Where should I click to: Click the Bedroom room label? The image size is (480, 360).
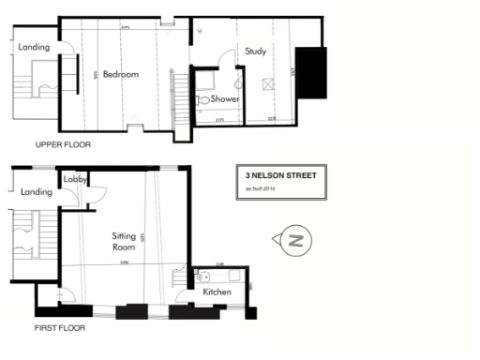click(x=121, y=74)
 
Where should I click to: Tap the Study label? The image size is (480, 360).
click(x=255, y=52)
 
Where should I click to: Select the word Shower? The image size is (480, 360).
click(x=224, y=98)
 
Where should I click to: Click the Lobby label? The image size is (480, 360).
click(x=75, y=178)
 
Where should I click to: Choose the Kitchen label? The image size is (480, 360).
click(x=217, y=292)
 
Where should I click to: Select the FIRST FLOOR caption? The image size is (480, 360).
click(x=60, y=328)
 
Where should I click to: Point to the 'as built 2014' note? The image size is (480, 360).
click(x=263, y=190)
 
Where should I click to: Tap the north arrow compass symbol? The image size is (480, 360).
click(x=294, y=241)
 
